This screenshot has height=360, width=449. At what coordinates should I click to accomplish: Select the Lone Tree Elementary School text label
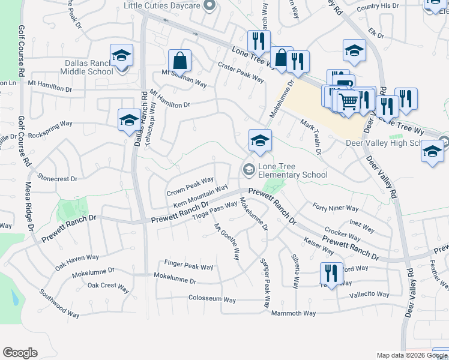pos(292,170)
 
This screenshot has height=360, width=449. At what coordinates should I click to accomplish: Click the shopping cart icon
pos(348,101)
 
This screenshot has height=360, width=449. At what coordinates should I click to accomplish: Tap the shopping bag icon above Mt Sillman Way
pos(179,60)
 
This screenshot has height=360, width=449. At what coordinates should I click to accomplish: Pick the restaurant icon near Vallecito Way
pos(331,274)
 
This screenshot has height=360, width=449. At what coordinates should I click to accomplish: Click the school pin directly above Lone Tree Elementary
pos(260,141)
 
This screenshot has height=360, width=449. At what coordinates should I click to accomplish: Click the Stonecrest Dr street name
pos(58,178)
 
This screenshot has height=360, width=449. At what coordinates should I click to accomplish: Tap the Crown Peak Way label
pos(190,187)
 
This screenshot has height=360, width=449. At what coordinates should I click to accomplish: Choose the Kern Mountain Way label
pos(200,197)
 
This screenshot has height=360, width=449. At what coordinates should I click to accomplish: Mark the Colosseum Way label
pos(212,299)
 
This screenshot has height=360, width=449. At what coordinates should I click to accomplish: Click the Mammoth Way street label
pos(294,313)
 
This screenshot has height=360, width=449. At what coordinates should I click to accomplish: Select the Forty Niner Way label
pos(336,208)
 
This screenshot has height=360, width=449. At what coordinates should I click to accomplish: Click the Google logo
pos(20,353)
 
